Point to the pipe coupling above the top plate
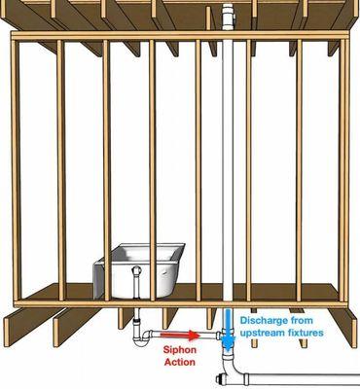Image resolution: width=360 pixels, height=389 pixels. pos(228,18)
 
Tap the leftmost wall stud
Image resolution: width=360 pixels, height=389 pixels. pos(19,165)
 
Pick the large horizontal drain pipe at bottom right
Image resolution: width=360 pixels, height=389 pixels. pos(302,375)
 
